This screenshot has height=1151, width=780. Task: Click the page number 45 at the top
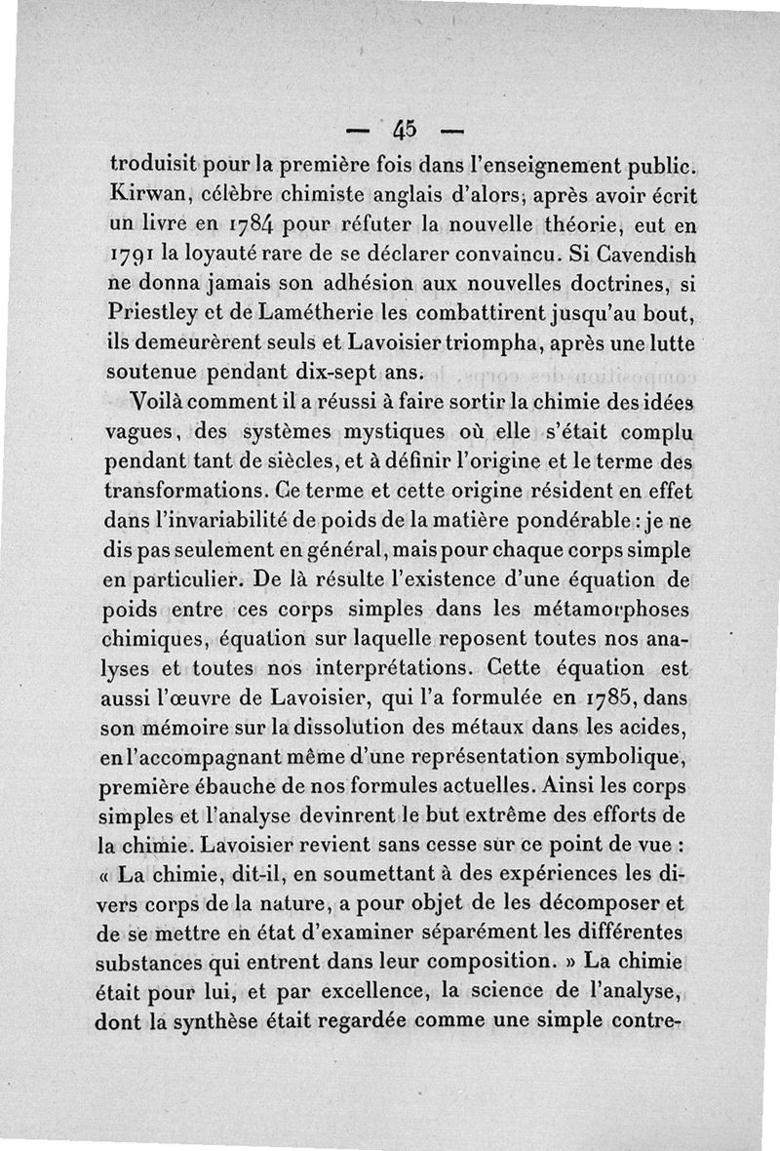pos(406,128)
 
